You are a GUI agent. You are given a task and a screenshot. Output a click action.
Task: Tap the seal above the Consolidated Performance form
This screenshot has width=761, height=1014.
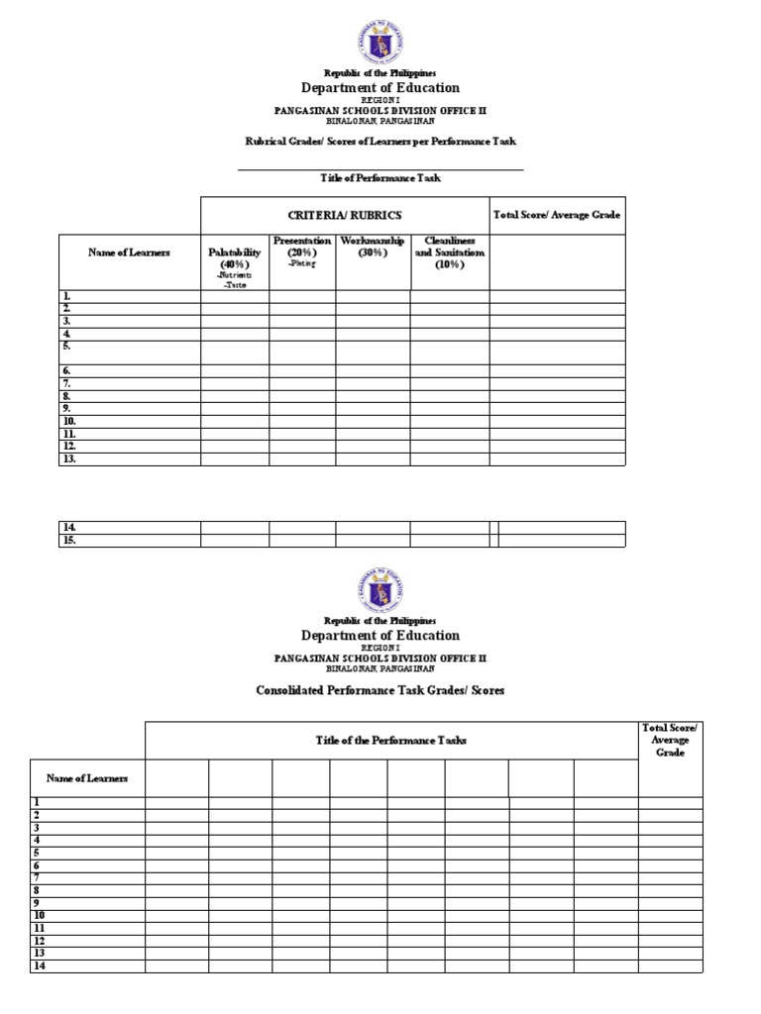point(380,591)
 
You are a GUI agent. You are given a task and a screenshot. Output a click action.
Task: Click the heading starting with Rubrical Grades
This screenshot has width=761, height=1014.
point(380,142)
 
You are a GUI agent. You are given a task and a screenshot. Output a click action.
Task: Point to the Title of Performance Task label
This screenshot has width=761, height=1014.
point(380,178)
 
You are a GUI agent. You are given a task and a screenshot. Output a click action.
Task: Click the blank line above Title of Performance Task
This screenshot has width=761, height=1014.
point(380,168)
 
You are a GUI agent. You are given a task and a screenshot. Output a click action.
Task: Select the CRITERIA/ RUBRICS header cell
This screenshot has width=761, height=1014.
point(345,215)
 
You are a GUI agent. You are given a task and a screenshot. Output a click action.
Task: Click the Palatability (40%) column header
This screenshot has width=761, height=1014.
point(235,258)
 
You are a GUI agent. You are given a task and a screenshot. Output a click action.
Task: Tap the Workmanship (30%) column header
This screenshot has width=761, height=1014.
point(373,247)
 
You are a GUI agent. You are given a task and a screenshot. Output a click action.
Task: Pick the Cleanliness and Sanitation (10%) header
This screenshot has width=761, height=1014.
point(450,253)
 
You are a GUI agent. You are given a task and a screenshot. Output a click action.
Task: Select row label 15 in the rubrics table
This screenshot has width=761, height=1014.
point(70,541)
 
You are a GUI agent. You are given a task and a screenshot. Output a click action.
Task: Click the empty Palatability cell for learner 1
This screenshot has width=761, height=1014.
point(235,296)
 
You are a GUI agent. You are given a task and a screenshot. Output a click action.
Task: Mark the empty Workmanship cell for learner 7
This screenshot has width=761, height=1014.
point(373,383)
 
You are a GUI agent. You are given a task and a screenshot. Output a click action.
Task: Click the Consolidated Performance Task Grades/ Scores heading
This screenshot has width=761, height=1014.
point(380,690)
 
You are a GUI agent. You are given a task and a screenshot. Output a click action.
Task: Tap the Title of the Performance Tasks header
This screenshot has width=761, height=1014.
point(390,741)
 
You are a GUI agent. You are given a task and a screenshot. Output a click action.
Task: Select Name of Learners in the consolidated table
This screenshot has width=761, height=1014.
point(87,778)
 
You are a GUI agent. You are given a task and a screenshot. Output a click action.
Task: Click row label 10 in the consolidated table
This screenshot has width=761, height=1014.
point(40,916)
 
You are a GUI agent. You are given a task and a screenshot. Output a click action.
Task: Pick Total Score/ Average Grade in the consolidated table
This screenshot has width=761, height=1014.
point(670,740)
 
